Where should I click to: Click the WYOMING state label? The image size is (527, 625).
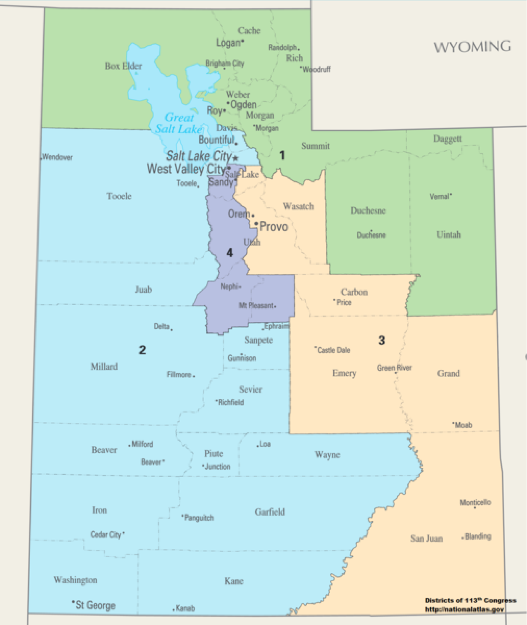(473, 47)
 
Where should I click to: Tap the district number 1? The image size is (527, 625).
(282, 156)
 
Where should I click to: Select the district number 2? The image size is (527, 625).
(142, 350)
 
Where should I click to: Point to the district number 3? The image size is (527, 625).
(382, 340)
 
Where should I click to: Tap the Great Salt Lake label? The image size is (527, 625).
(179, 123)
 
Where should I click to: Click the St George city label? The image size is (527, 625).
(95, 605)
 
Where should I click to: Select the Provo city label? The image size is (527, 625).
(274, 227)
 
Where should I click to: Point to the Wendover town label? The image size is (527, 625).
(57, 157)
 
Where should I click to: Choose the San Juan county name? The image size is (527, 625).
(426, 538)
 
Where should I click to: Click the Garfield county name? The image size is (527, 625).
(270, 512)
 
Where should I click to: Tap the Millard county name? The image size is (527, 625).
(104, 366)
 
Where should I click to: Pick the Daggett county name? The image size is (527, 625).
(448, 139)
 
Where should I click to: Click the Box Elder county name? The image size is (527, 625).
(123, 66)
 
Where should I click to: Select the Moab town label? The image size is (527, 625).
(463, 425)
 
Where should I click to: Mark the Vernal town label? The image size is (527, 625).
(440, 197)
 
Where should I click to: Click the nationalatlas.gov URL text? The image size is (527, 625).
(464, 609)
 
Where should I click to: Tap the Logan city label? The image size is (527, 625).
(228, 43)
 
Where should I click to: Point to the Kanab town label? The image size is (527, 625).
(185, 608)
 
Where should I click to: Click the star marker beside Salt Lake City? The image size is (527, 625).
(236, 158)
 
